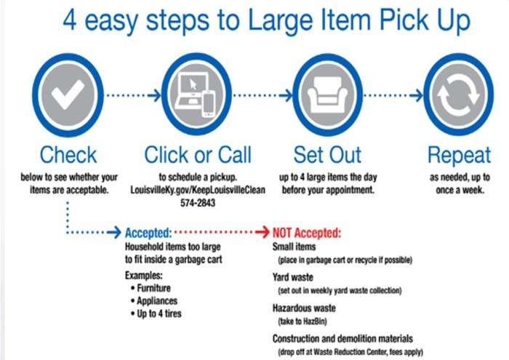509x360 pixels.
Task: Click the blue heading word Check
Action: [68, 155]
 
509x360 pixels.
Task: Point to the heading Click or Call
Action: [198, 155]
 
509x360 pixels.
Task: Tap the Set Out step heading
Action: [328, 155]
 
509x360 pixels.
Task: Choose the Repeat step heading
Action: [459, 155]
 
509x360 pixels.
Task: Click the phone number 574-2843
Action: [198, 203]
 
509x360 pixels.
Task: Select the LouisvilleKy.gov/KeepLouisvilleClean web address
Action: [198, 190]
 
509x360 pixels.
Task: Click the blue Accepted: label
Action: [148, 233]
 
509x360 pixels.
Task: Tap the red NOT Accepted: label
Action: [306, 233]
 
